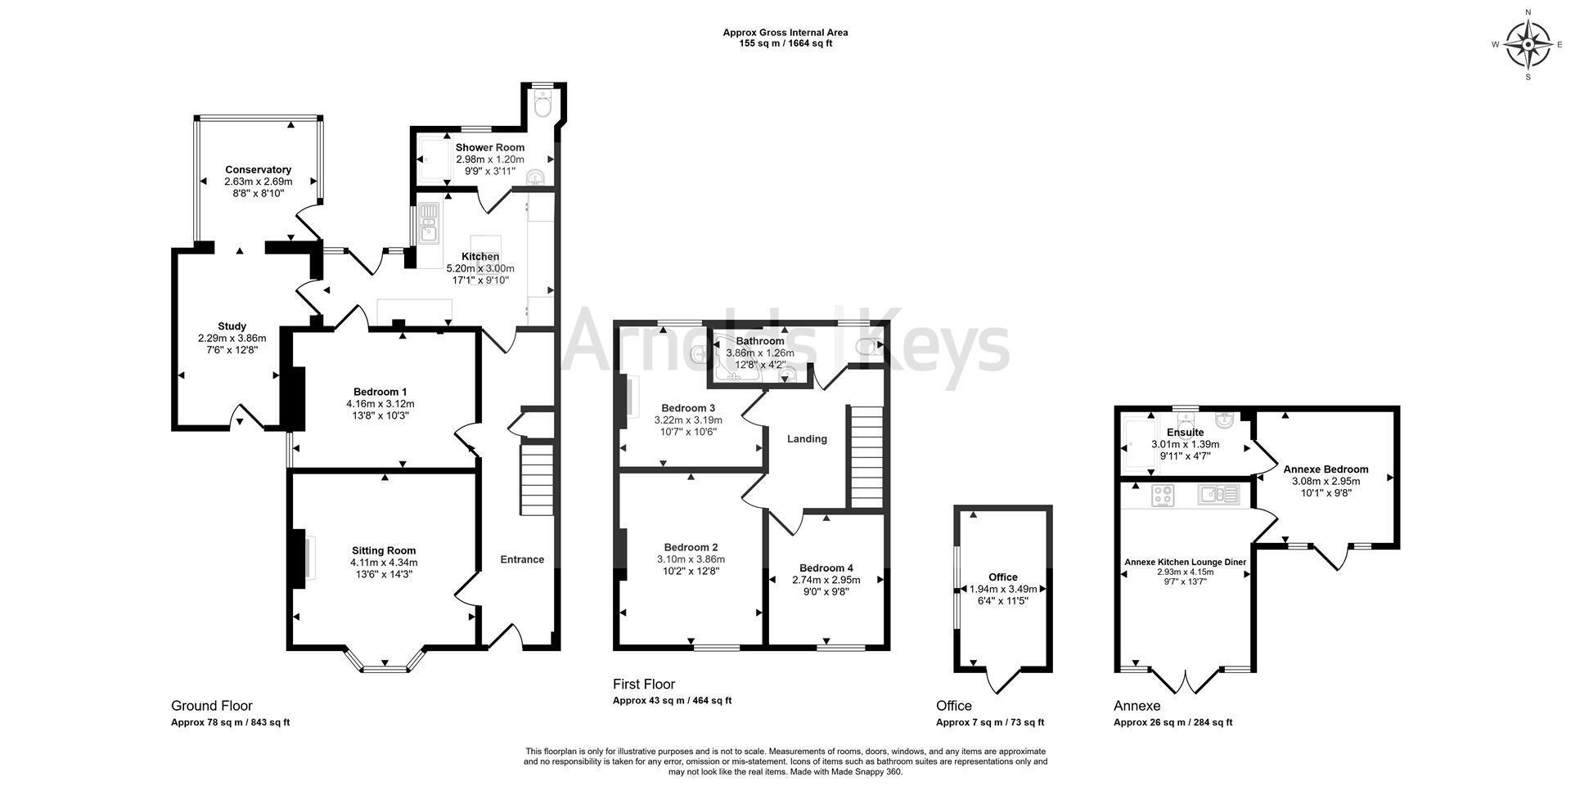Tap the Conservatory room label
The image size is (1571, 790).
pyautogui.click(x=258, y=170)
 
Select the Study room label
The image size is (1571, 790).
pyautogui.click(x=232, y=326)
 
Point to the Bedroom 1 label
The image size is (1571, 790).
pyautogui.click(x=380, y=392)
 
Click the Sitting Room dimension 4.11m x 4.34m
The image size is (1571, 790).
pyautogui.click(x=384, y=563)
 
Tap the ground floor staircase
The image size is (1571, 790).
pyautogui.click(x=538, y=479)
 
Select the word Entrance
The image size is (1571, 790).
pyautogui.click(x=522, y=560)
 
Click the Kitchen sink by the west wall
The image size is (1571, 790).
pyautogui.click(x=429, y=222)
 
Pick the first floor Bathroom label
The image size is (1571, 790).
pyautogui.click(x=760, y=341)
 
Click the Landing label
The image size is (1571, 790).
pyautogui.click(x=807, y=439)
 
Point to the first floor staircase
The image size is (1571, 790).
pyautogui.click(x=865, y=457)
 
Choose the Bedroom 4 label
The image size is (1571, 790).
pyautogui.click(x=826, y=568)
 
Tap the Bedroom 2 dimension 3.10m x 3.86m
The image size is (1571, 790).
pyautogui.click(x=691, y=559)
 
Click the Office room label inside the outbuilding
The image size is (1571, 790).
pyautogui.click(x=1003, y=577)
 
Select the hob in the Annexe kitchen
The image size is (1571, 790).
pyautogui.click(x=1164, y=495)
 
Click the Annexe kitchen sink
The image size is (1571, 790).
pyautogui.click(x=1219, y=495)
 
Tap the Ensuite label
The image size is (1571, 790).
pyautogui.click(x=1185, y=433)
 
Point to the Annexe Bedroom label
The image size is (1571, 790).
pyautogui.click(x=1326, y=469)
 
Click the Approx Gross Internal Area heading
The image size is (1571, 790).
pyautogui.click(x=785, y=33)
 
